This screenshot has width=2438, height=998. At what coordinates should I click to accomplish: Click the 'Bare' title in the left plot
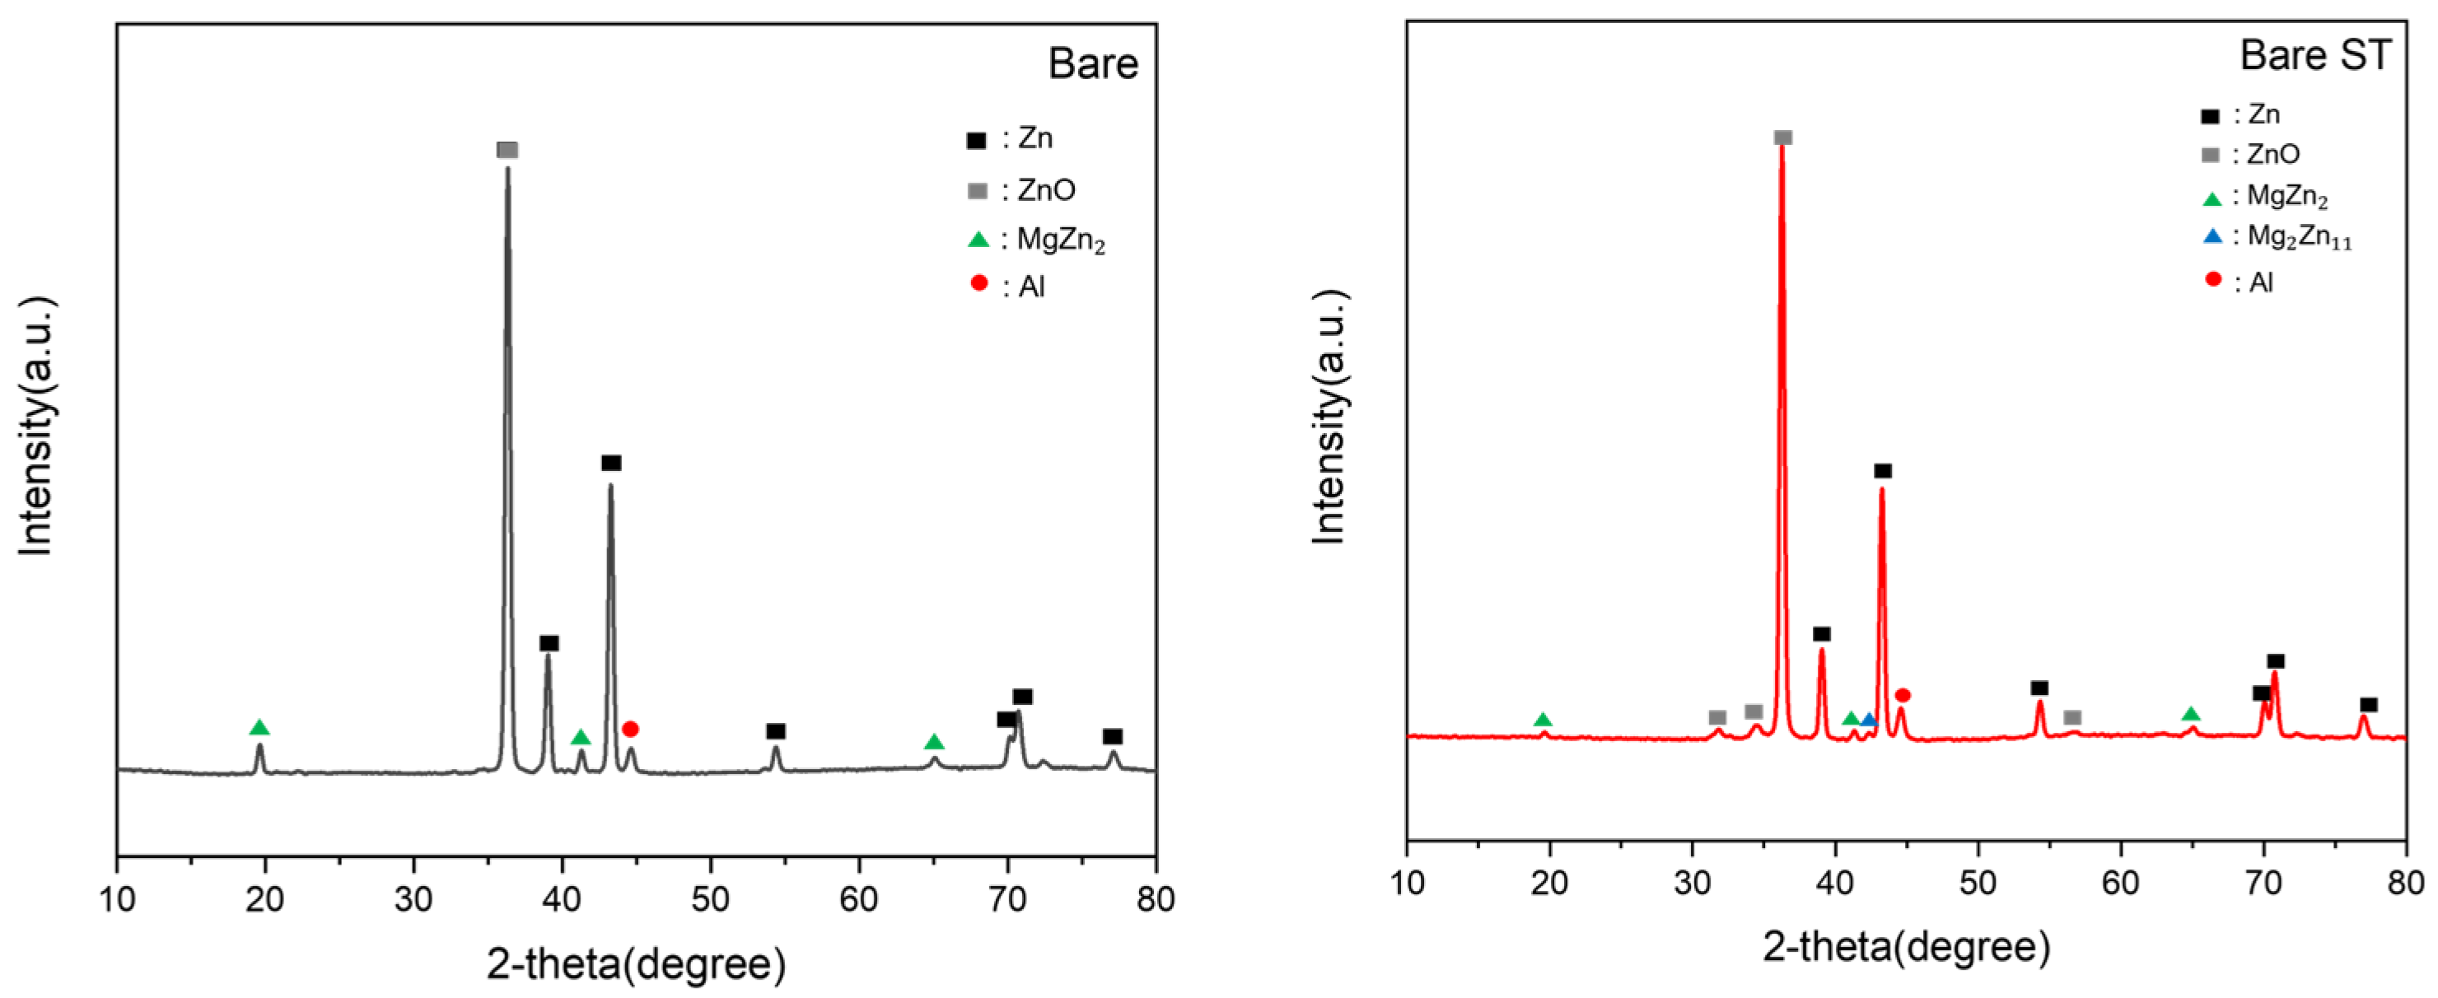[x=1092, y=63]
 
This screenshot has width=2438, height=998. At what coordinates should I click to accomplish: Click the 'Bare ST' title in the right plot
[x=2315, y=55]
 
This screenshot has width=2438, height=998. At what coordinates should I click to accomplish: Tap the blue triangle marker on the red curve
[x=1868, y=720]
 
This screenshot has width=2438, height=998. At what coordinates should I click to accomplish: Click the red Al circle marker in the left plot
[x=630, y=729]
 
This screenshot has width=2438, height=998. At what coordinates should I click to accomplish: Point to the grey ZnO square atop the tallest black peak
[x=507, y=151]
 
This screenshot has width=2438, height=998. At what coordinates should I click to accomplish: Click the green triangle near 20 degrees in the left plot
[x=259, y=727]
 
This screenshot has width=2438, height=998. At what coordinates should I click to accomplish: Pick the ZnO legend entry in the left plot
[x=1022, y=191]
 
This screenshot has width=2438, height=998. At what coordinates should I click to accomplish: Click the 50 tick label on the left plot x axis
[x=710, y=898]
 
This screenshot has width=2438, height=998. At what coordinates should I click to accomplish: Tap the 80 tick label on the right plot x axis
[x=2405, y=883]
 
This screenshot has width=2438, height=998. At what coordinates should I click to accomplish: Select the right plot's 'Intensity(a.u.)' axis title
[x=1329, y=416]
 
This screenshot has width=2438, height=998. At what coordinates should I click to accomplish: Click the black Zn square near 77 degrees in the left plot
[x=1113, y=736]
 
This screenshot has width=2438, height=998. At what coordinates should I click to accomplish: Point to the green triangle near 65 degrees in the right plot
[x=2190, y=714]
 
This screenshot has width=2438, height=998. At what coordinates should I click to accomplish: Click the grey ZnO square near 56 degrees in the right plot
[x=2071, y=718]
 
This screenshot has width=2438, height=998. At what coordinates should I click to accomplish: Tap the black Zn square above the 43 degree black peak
[x=611, y=463]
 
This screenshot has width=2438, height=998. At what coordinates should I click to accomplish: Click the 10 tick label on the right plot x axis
[x=1407, y=883]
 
